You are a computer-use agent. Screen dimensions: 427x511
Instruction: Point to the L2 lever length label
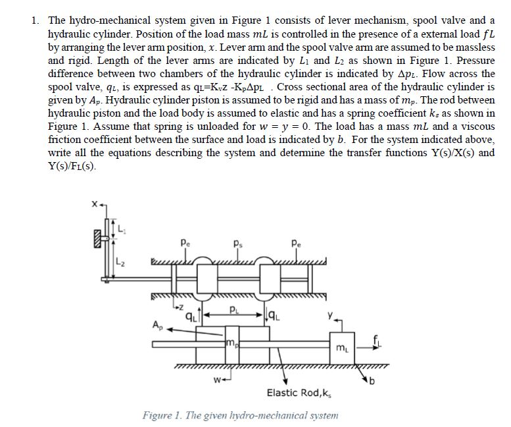coord(120,263)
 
